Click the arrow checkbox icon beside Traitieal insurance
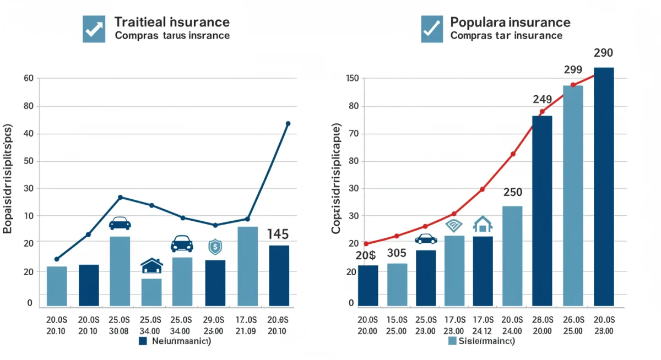coord(94,29)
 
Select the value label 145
coord(278,234)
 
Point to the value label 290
coord(604,53)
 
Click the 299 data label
coord(573,70)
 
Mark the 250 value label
coord(512,193)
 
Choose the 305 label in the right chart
coord(397,254)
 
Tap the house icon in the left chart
coord(151,266)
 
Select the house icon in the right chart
coord(483,225)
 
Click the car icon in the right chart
coord(426,239)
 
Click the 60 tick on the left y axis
coord(29,79)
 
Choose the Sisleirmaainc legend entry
coord(482,341)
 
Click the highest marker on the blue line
coord(288,124)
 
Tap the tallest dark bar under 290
coord(604,187)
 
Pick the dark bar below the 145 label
coord(278,275)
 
